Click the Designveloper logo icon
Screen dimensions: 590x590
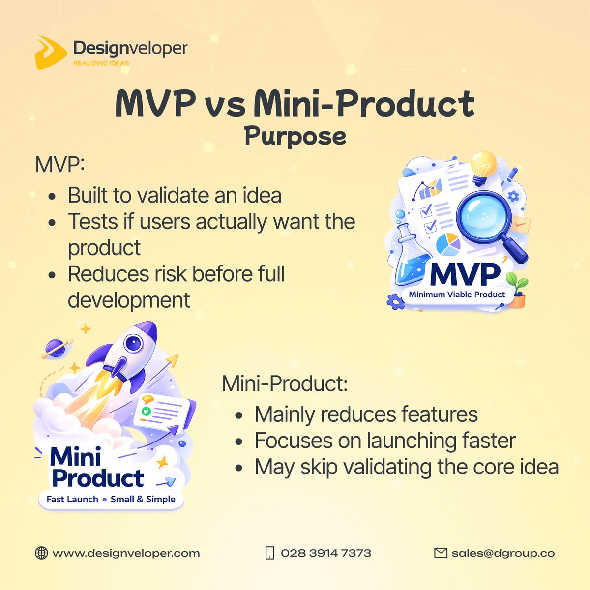coord(50,52)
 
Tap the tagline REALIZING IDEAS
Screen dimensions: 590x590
coord(101,63)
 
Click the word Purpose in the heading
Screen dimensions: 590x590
coord(295,136)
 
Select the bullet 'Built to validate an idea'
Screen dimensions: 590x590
coord(175,195)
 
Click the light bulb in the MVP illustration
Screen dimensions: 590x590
coord(483,166)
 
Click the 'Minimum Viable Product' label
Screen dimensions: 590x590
coord(457,295)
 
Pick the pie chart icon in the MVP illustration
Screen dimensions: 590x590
coord(448,244)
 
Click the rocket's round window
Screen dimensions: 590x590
coord(133,343)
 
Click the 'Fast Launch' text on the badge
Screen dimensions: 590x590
coord(72,499)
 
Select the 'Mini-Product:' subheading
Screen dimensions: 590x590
coord(285,383)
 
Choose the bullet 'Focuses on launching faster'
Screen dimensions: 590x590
coord(385,441)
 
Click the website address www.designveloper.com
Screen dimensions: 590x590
coord(126,553)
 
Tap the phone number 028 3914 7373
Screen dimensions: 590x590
coord(325,553)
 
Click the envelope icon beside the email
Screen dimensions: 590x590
coord(441,553)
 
